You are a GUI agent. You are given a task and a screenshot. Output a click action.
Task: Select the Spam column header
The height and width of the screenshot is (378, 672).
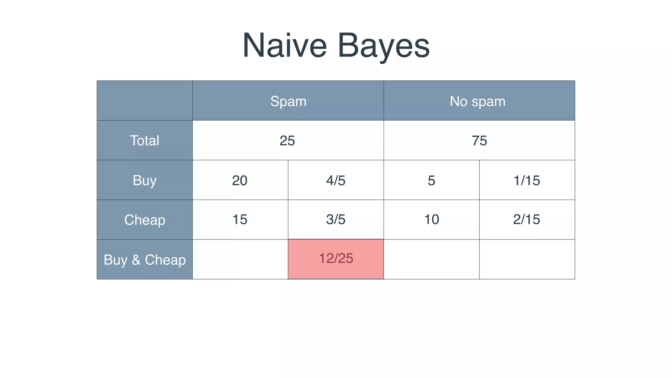click(288, 101)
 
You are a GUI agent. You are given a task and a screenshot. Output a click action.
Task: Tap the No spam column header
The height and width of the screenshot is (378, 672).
click(477, 101)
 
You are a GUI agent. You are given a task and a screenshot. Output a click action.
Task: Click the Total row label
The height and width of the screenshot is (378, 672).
click(144, 140)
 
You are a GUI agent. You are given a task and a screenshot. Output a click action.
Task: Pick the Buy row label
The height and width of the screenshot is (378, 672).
click(144, 180)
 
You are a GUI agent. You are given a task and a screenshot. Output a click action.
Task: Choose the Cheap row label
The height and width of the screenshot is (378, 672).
click(144, 220)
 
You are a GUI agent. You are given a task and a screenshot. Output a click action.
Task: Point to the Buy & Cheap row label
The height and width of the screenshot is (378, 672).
click(144, 260)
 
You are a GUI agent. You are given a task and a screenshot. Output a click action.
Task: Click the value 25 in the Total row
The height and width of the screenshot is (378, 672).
click(287, 140)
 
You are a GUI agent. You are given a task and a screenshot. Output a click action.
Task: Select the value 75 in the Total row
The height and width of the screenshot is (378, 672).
click(479, 140)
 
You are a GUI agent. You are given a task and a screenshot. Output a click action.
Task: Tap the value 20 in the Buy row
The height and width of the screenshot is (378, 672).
click(240, 180)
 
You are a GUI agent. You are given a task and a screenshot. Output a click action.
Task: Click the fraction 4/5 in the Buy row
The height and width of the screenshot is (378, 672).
click(336, 180)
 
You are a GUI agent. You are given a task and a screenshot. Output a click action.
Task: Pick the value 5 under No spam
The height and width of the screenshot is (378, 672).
click(431, 180)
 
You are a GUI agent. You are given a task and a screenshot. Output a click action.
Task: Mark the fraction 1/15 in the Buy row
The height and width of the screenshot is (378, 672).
click(527, 180)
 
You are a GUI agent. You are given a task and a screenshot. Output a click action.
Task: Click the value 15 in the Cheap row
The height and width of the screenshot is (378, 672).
click(240, 219)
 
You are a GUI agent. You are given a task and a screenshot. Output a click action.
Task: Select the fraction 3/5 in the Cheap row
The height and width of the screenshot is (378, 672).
click(336, 219)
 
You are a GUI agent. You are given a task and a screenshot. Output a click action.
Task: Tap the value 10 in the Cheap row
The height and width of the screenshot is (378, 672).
click(431, 219)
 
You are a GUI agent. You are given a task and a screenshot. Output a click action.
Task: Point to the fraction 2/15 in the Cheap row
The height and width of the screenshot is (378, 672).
click(526, 219)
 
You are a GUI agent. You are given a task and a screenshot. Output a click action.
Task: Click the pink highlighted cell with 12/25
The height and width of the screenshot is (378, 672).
click(336, 259)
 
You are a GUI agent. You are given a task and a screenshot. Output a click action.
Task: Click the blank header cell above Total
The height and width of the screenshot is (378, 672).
click(144, 100)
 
